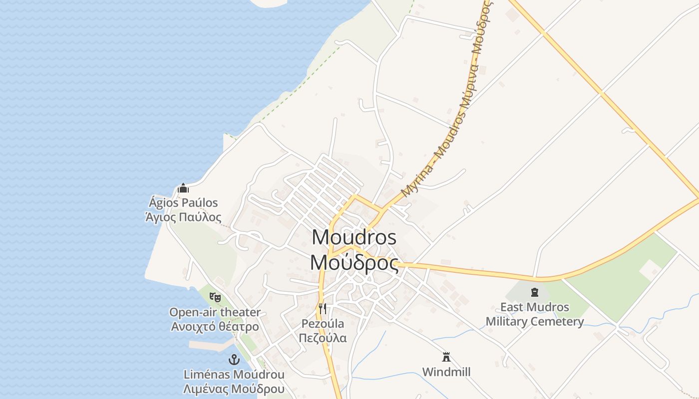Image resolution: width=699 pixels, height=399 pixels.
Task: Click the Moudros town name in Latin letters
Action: (354, 237)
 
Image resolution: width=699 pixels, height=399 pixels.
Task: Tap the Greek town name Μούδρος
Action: (354, 263)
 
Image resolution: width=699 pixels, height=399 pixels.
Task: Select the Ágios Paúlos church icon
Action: (183, 189)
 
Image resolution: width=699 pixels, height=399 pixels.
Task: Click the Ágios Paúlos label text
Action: (183, 202)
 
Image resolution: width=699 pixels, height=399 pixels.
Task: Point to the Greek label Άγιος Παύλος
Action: (183, 217)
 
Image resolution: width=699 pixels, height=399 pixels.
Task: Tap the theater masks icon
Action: (215, 297)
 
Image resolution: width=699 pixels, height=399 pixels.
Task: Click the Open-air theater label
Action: (215, 312)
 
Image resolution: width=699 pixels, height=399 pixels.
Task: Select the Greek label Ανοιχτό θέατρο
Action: (215, 327)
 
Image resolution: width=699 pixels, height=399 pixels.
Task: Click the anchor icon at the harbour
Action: (234, 359)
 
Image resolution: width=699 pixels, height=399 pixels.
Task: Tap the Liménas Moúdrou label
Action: (234, 374)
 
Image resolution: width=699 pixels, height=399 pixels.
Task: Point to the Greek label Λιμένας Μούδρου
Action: (234, 389)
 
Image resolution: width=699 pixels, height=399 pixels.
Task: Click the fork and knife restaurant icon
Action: (323, 309)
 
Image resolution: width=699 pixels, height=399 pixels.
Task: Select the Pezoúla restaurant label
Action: (323, 323)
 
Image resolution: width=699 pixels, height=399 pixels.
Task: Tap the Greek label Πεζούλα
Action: (323, 338)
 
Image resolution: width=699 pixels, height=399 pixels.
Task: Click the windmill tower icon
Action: (446, 357)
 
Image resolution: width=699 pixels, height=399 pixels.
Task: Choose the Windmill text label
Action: (446, 372)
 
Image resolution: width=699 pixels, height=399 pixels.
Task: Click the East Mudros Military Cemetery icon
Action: (535, 292)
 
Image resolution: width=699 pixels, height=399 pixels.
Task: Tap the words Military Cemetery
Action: (535, 322)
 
